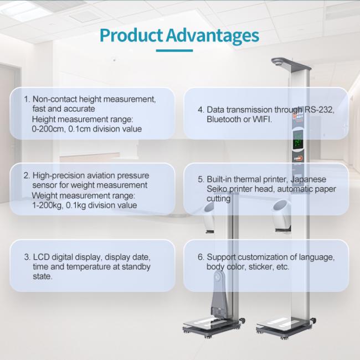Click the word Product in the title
[x=131, y=35]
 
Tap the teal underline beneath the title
[x=174, y=50]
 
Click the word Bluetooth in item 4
[x=224, y=120]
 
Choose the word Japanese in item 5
[x=308, y=179]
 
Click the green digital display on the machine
[x=298, y=140]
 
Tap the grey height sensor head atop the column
[x=291, y=64]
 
